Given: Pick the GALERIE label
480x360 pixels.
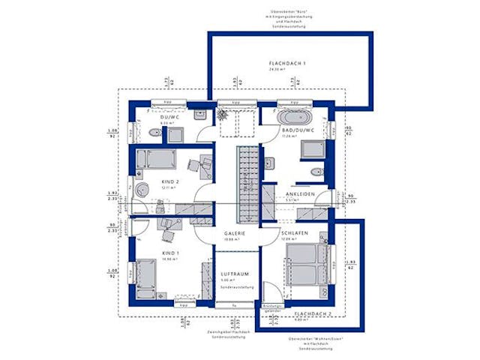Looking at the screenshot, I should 235,234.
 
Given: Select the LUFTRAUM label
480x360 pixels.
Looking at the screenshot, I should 235,274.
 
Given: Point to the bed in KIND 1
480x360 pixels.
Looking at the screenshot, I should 146,277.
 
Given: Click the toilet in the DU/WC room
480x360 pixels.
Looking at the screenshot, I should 154,133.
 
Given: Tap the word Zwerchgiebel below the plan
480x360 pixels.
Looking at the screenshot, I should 220,331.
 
